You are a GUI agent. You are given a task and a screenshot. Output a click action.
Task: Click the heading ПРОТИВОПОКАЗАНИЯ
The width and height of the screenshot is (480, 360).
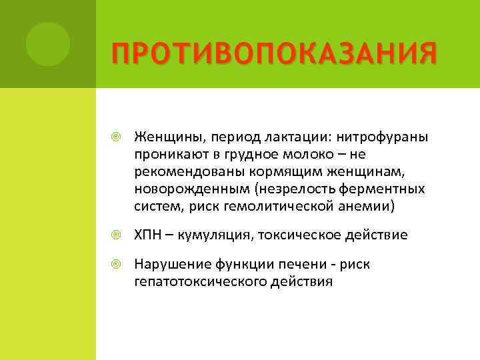(x=274, y=53)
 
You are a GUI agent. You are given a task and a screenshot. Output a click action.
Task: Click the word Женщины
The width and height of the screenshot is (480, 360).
(x=164, y=137)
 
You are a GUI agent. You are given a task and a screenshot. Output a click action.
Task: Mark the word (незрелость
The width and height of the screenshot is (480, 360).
(x=273, y=189)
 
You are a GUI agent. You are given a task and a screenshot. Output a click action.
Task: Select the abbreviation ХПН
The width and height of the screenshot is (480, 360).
(x=147, y=235)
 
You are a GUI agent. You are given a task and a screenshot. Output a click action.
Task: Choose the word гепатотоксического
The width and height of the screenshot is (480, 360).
(x=196, y=282)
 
